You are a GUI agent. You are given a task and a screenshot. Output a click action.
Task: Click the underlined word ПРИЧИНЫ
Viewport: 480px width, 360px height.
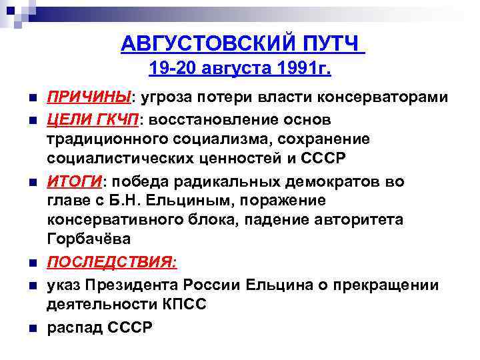click(89, 98)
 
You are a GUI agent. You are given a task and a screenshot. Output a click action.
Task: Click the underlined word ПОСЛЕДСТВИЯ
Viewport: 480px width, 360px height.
click(111, 265)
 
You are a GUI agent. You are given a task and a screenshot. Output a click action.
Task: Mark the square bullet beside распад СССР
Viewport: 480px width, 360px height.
click(25, 328)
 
